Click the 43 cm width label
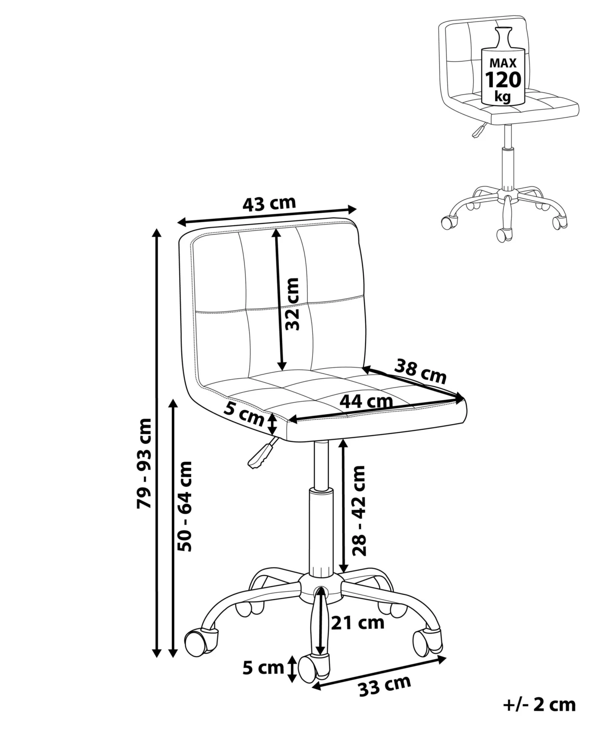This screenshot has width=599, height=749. point(269,204)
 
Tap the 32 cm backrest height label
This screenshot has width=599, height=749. point(292,304)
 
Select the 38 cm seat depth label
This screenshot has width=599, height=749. point(420,372)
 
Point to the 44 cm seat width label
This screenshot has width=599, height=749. point(366,401)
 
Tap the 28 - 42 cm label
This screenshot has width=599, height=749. point(359,511)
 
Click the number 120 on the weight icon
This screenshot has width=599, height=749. point(503,79)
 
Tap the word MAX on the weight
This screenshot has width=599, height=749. point(503,63)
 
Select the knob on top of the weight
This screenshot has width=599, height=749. point(503,37)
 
